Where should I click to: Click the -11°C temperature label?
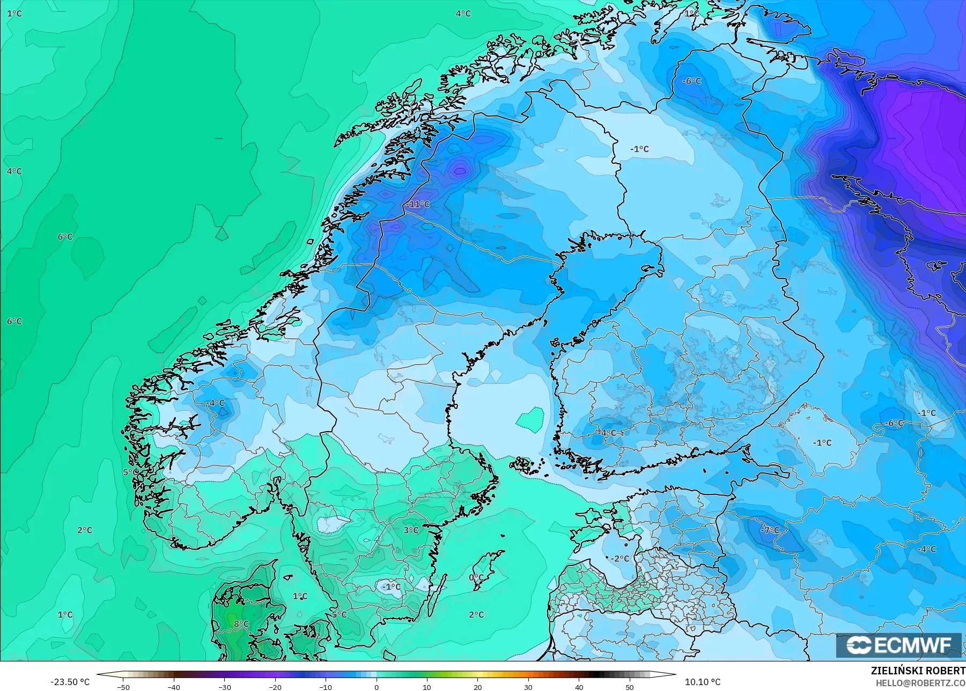pyautogui.click(x=418, y=205)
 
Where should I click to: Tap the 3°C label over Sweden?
pyautogui.click(x=411, y=530)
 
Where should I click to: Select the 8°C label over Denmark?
pyautogui.click(x=241, y=624)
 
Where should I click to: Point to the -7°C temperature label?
pyautogui.click(x=770, y=530)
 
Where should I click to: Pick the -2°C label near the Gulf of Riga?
pyautogui.click(x=620, y=558)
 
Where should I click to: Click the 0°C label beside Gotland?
pyautogui.click(x=476, y=578)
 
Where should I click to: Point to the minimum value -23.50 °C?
pyautogui.click(x=70, y=682)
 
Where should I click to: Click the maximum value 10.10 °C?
pyautogui.click(x=703, y=682)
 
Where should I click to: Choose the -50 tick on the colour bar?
pyautogui.click(x=123, y=687)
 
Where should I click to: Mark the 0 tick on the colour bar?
pyautogui.click(x=377, y=687)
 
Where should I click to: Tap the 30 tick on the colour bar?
pyautogui.click(x=528, y=687)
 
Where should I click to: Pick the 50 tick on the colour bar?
pyautogui.click(x=630, y=687)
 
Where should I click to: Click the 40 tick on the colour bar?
pyautogui.click(x=579, y=687)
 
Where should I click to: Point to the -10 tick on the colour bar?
pyautogui.click(x=326, y=687)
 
